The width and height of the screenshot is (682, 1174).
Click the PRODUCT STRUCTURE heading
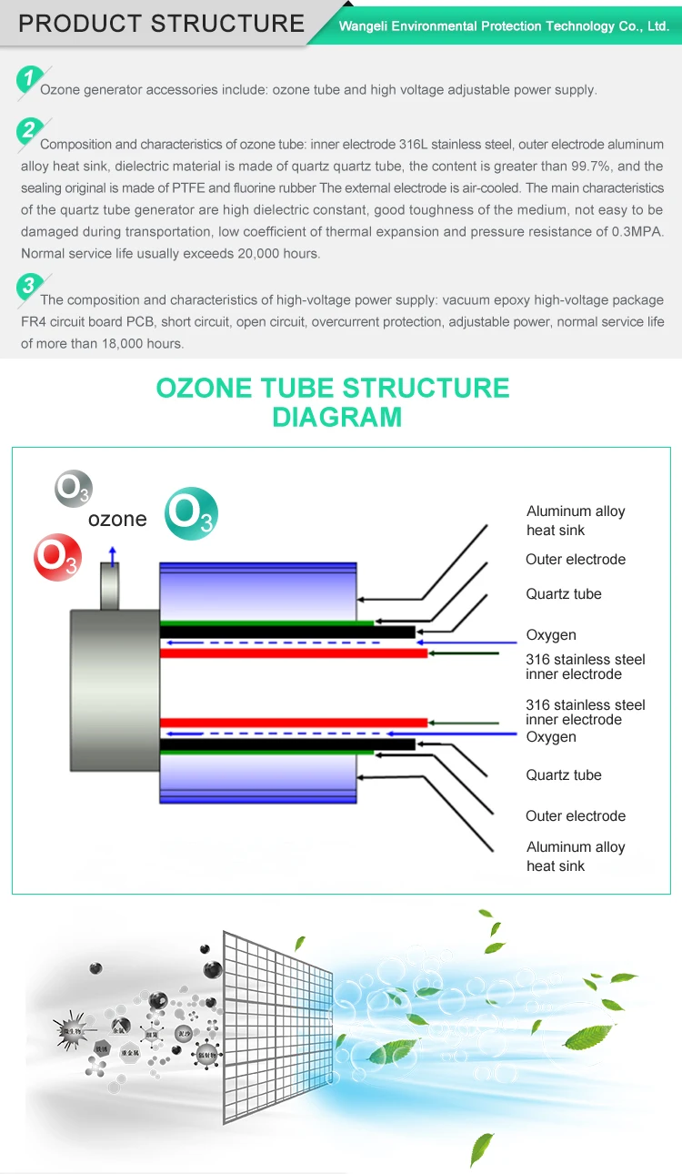click(161, 23)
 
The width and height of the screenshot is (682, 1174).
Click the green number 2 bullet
click(29, 131)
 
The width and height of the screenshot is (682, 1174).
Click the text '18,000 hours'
click(140, 343)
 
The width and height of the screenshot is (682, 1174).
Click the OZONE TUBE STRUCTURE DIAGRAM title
click(333, 401)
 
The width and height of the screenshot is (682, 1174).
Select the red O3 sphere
click(57, 558)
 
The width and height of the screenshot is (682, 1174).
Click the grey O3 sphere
click(74, 489)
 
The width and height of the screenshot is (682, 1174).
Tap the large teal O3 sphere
click(192, 513)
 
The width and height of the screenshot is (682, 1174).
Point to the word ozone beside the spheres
click(117, 519)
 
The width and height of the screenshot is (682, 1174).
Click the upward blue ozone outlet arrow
click(113, 555)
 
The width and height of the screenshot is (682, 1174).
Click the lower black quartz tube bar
click(287, 744)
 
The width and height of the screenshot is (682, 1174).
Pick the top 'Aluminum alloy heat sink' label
click(576, 521)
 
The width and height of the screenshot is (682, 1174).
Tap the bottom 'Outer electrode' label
click(576, 815)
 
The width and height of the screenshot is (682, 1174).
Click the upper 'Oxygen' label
click(551, 634)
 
